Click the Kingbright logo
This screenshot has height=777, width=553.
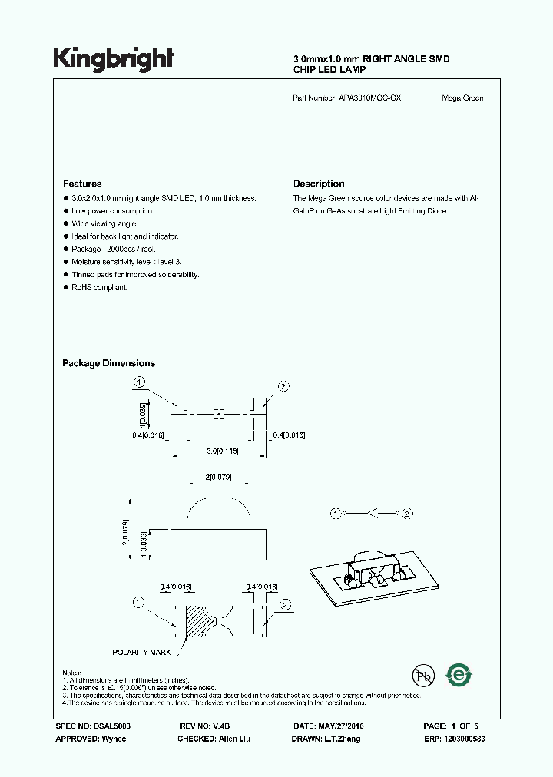(x=113, y=59)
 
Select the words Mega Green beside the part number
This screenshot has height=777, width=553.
(x=462, y=98)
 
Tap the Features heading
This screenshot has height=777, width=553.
(x=82, y=184)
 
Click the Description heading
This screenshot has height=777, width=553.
(x=319, y=184)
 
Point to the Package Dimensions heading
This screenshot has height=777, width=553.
(x=108, y=363)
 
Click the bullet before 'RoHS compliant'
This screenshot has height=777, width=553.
(x=65, y=287)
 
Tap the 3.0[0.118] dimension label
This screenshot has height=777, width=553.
(x=222, y=451)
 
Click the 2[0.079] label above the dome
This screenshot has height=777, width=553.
(x=219, y=478)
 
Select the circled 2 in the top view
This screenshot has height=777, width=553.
(x=283, y=386)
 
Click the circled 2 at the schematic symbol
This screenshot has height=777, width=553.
(x=408, y=513)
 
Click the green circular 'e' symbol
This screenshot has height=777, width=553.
(x=460, y=676)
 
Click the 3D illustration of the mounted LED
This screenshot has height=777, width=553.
(x=362, y=572)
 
